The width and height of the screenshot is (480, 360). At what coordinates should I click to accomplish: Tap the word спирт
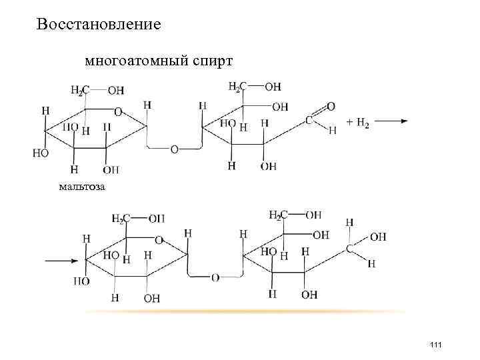tap(212, 62)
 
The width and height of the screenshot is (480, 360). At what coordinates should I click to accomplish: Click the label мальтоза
tap(81, 186)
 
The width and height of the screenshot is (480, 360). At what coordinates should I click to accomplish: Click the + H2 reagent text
tap(358, 122)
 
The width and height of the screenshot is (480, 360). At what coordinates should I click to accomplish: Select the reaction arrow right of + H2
tap(394, 121)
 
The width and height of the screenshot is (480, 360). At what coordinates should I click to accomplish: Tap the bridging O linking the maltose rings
tap(174, 150)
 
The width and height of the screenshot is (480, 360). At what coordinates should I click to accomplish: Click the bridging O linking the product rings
tap(215, 277)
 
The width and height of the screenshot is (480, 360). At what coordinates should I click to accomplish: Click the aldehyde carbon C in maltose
tap(309, 121)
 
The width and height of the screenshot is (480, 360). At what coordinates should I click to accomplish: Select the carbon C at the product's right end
tap(350, 248)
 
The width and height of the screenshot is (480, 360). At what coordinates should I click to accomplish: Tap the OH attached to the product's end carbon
tap(377, 237)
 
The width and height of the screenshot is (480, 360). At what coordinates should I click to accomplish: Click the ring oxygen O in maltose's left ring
tap(119, 111)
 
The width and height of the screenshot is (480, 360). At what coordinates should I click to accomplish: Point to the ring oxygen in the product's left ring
tap(159, 238)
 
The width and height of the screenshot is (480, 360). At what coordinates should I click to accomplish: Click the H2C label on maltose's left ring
tap(81, 90)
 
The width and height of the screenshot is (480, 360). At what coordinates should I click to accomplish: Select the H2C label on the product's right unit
tap(279, 215)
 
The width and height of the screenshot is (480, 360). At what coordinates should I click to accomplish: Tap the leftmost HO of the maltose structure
tap(39, 153)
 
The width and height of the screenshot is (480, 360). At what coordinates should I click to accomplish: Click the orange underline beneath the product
tap(247, 312)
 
